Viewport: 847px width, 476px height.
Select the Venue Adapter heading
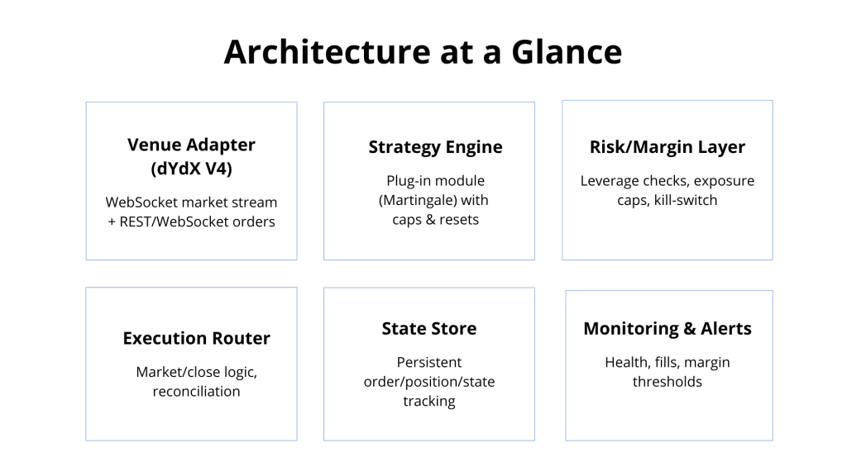coord(191,145)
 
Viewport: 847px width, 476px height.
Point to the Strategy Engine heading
coord(435,147)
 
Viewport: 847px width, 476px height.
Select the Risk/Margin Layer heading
coord(667,147)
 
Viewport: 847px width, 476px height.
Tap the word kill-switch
coord(687,201)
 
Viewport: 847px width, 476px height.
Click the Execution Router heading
coord(196,338)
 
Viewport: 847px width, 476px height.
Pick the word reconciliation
coord(196,391)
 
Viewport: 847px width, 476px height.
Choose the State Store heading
coord(429,328)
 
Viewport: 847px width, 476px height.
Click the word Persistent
coord(429,362)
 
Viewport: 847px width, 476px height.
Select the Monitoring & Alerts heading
coord(668,328)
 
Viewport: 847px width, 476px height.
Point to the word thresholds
coord(668,382)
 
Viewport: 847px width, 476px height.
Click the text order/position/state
coord(429,382)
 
